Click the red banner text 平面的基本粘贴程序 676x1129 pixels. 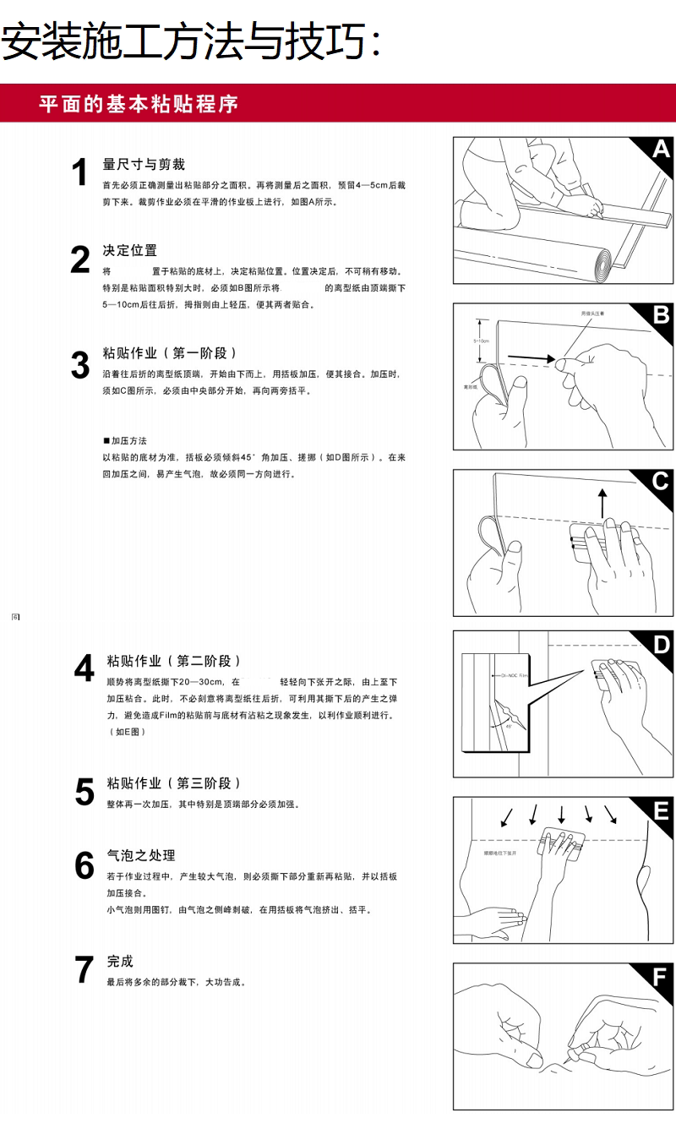tap(139, 105)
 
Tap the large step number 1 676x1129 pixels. tap(80, 173)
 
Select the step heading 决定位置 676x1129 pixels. tap(129, 251)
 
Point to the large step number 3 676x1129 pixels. tap(80, 365)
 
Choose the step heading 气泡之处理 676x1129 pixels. tap(140, 855)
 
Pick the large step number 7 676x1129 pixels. tap(84, 970)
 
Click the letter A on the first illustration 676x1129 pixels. tap(660, 150)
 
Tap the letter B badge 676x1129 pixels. tap(661, 315)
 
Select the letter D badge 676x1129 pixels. tap(662, 645)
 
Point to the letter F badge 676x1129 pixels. tap(662, 978)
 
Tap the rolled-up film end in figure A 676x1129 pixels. tap(602, 265)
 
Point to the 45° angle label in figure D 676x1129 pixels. tap(509, 726)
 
